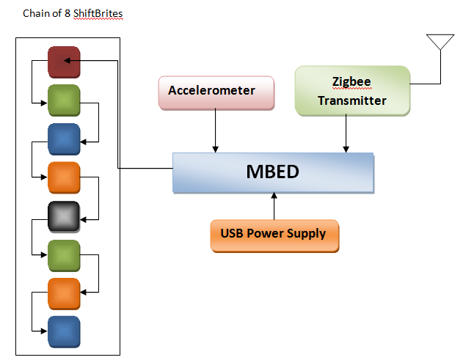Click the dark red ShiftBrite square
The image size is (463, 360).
tap(64, 62)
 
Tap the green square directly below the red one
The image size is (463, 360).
tap(64, 100)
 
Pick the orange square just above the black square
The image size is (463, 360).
tap(64, 177)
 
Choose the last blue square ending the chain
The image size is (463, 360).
tap(64, 331)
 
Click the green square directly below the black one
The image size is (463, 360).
tap(64, 254)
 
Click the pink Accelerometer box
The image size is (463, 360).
tap(216, 92)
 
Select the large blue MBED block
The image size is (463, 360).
tap(273, 174)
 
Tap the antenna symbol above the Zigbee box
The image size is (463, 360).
tap(440, 42)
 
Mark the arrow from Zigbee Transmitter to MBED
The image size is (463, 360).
tap(346, 134)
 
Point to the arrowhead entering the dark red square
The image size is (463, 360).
tap(68, 62)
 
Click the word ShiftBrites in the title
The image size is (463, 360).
tap(98, 14)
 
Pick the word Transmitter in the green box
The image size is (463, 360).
tap(351, 100)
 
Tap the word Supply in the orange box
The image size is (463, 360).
tap(308, 234)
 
